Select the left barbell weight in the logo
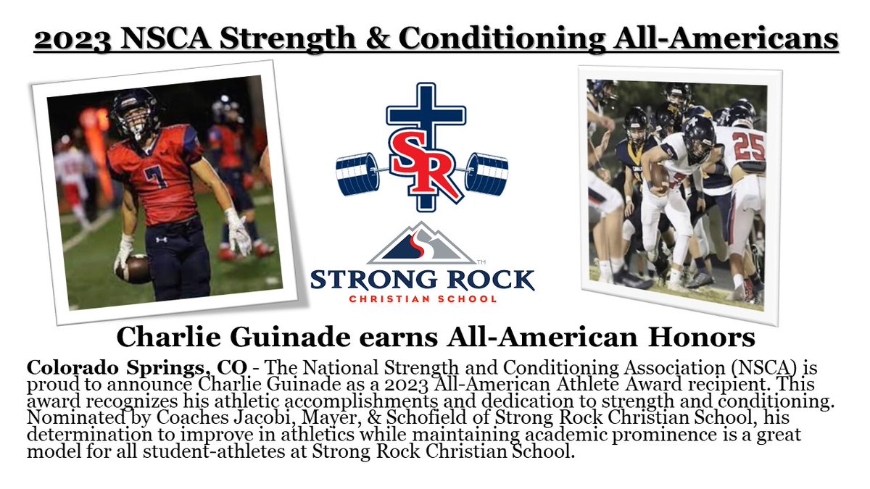pos(359,174)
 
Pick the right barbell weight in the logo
pos(486,174)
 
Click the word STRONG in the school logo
pos(368,279)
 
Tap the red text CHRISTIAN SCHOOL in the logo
pos(423,298)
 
